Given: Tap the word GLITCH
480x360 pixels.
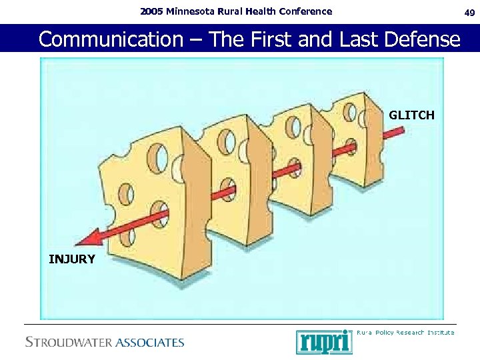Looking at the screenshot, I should click(x=411, y=115).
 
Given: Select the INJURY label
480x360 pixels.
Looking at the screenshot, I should click(x=72, y=259).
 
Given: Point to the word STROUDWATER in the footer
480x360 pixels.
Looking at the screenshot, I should click(x=69, y=343).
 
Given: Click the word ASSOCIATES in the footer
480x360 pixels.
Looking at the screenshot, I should click(x=149, y=343).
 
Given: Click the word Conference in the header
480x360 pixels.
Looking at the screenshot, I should click(x=307, y=11).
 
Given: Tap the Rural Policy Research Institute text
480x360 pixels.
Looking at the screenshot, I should click(x=405, y=332).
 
